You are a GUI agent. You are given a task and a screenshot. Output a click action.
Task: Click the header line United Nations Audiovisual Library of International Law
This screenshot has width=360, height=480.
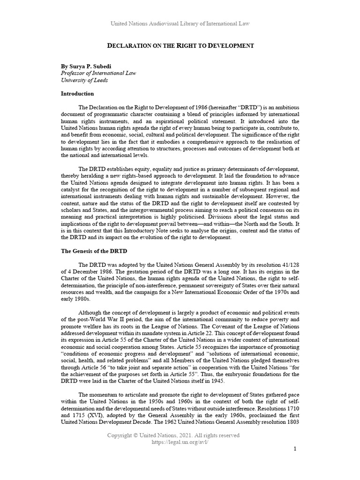coord(180,23)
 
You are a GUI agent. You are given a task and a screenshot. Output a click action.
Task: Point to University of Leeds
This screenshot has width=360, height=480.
coord(84,80)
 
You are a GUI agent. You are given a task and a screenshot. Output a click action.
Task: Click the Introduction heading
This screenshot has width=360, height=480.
coord(77,94)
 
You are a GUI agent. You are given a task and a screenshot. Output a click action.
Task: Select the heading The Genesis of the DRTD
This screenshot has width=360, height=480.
coord(94,251)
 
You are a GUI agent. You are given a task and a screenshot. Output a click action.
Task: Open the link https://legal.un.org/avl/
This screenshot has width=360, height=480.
coord(180,442)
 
